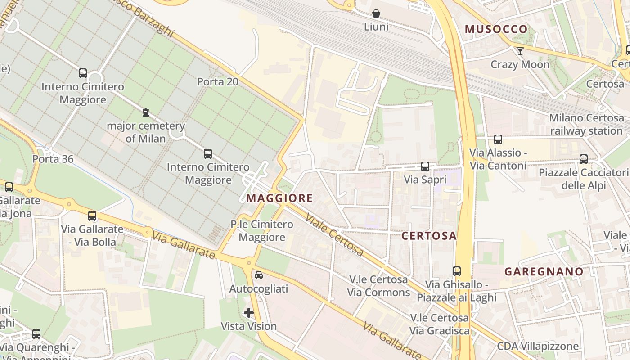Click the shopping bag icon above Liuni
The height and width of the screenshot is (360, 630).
pos(376,14)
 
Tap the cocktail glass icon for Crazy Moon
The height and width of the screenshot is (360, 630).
pos(520,51)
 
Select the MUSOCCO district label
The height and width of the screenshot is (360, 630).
pos(496,29)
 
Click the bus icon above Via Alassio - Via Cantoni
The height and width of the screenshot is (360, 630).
pos(498,139)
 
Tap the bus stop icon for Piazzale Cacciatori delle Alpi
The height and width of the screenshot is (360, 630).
pos(583,159)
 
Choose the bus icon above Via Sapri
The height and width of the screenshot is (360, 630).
pos(425,166)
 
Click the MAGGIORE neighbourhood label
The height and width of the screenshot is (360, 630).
pos(279,198)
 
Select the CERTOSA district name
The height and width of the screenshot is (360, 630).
pos(429,236)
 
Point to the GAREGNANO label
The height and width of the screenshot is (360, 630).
pos(544,272)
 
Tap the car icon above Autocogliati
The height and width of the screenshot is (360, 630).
pos(259,275)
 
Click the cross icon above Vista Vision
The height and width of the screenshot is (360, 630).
pos(249,312)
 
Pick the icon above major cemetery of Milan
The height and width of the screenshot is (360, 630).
pos(145,112)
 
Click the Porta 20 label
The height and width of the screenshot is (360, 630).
pos(218,82)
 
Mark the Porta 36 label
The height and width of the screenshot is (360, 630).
pos(53,159)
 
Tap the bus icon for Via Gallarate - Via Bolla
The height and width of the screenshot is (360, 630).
pos(92,216)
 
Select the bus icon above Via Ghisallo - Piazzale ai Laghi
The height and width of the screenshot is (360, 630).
pos(457,271)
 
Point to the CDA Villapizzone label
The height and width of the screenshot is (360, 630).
pos(538,346)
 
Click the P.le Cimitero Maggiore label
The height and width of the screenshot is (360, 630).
pos(261,230)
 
